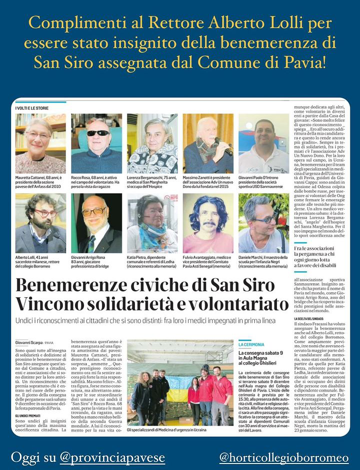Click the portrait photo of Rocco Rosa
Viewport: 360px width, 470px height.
pos(96,143)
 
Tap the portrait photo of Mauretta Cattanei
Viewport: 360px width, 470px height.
pos(40,143)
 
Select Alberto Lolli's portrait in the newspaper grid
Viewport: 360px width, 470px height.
pos(40,223)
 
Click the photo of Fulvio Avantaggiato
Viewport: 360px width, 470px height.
pos(208,223)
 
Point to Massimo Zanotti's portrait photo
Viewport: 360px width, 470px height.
pos(208,143)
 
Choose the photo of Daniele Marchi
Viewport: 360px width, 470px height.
pos(263,223)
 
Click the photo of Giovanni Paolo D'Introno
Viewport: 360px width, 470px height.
pos(263,143)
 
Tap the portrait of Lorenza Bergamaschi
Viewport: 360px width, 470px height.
pos(152,143)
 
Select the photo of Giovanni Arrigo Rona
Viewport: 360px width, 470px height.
pos(96,223)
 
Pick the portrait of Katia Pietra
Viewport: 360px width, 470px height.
pos(152,223)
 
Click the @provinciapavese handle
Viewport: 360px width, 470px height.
pos(112,458)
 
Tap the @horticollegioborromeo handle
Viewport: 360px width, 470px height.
pos(283,458)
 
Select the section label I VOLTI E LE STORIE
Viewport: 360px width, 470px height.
pos(33,108)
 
